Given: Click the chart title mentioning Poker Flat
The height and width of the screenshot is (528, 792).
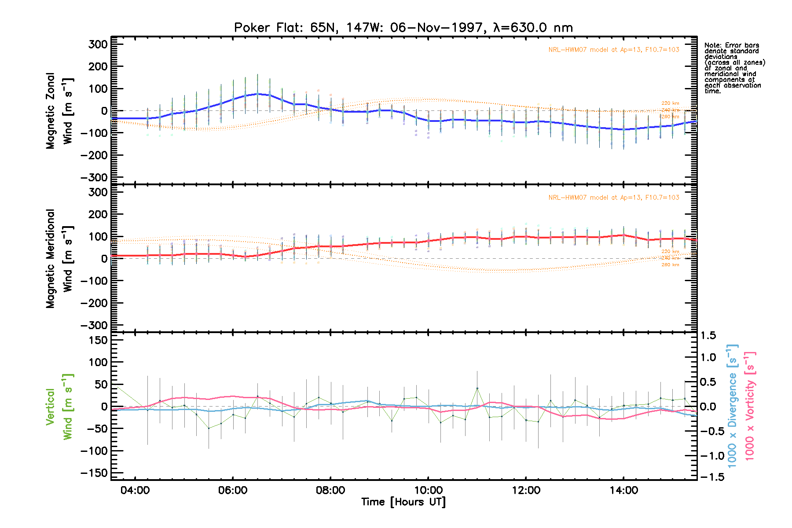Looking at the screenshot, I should tap(403, 28).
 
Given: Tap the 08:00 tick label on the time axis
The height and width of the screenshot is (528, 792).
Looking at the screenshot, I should tap(330, 490).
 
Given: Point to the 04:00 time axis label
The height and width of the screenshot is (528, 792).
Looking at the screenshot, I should tap(135, 490).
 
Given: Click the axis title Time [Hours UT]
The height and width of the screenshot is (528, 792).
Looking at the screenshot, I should tap(403, 502).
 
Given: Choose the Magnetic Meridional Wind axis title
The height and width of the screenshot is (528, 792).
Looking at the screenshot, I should tap(59, 259).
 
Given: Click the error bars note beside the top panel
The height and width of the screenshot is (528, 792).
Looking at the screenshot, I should tap(734, 68).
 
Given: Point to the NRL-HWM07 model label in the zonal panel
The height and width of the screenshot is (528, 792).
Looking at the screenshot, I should tap(613, 50).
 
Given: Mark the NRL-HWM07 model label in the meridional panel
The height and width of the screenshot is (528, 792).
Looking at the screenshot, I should tap(613, 198).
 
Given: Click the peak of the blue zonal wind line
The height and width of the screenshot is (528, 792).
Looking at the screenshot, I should tap(258, 94).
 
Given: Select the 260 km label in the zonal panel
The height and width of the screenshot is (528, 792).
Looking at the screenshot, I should tap(670, 117).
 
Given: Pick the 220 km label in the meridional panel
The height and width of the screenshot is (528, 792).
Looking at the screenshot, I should tap(670, 252).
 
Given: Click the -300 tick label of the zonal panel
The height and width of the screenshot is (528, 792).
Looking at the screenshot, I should tap(94, 177).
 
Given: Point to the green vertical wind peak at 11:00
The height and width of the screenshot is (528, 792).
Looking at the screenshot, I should tap(477, 389).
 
